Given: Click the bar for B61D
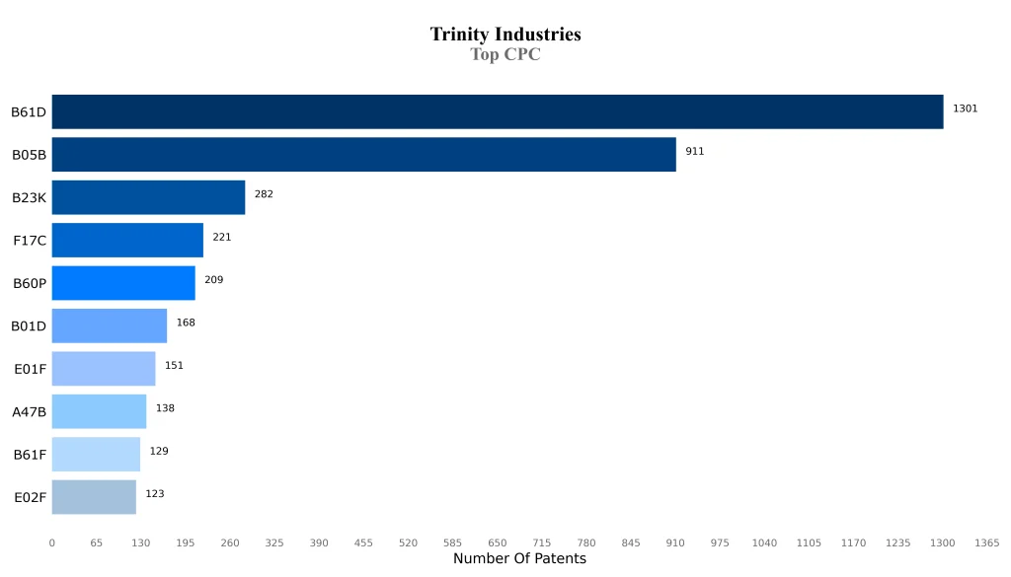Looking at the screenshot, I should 497,111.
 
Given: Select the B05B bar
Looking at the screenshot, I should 363,155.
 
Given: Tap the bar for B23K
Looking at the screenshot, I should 148,197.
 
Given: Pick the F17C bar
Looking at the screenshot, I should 127,240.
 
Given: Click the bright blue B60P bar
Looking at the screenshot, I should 123,283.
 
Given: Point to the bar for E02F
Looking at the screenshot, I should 94,497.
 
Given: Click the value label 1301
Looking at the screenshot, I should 965,108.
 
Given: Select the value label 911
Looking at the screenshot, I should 695,152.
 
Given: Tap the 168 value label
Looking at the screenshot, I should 186,323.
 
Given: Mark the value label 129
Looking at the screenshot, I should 159,451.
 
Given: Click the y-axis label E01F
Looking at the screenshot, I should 30,369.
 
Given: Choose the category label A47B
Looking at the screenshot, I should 29,412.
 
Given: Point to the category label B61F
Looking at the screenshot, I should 30,455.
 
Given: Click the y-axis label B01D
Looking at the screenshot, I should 29,326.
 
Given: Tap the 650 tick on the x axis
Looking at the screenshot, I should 497,543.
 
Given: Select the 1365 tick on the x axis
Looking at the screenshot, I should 986,543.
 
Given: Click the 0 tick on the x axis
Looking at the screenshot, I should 52,543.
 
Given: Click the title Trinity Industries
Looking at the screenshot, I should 505,35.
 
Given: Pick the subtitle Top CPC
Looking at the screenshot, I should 505,55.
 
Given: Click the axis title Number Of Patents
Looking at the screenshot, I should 519,559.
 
